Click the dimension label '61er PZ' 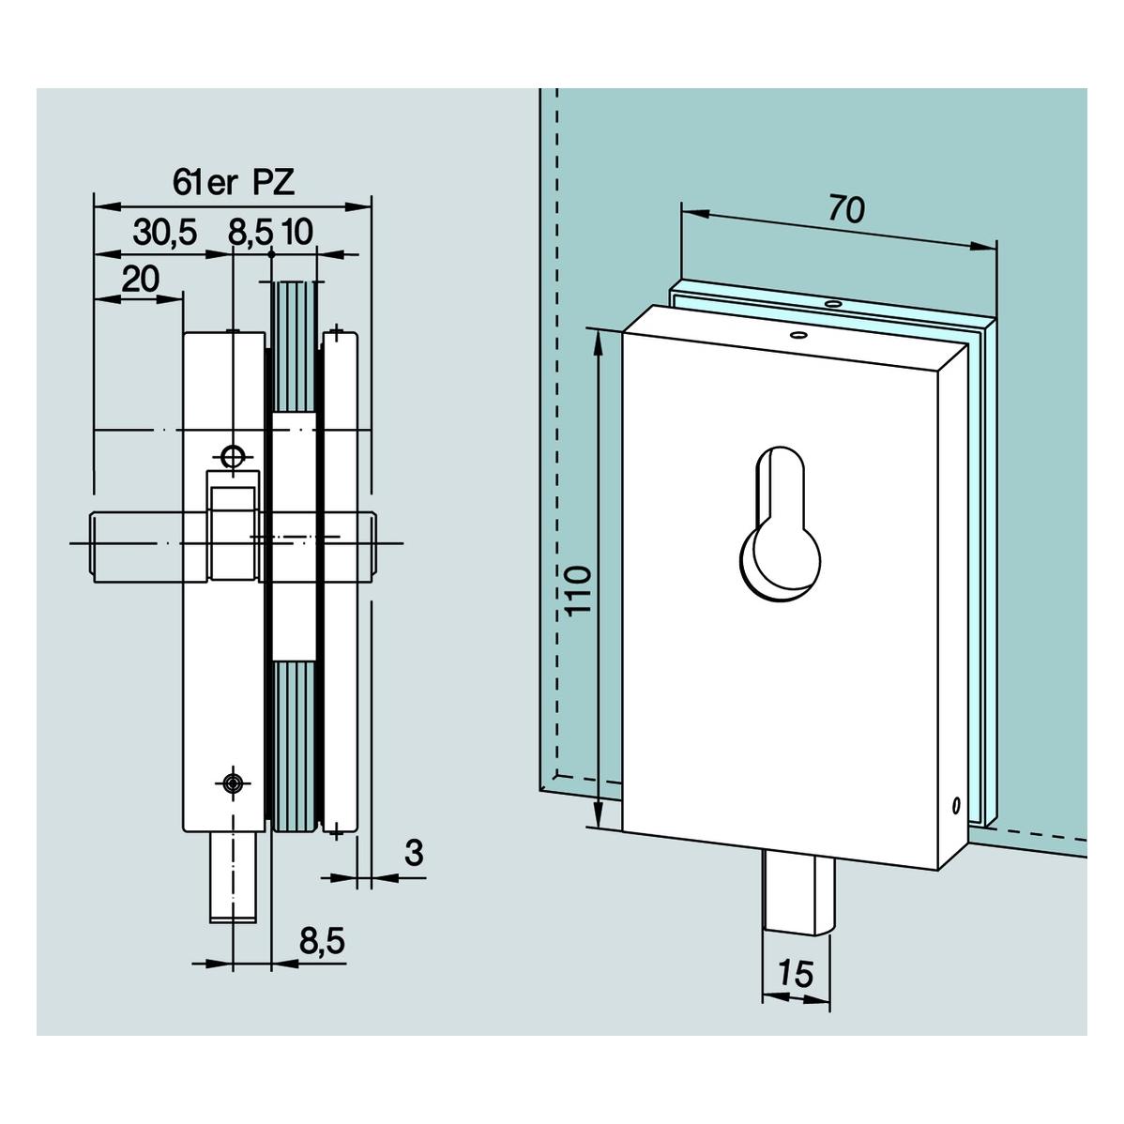[234, 183]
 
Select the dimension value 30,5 [164, 233]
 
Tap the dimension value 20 [141, 279]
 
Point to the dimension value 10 [297, 233]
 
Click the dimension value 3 [415, 853]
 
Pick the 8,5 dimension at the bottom [322, 940]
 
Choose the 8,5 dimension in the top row [251, 233]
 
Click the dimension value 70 [846, 209]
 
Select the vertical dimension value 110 [579, 589]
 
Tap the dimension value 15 [796, 974]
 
